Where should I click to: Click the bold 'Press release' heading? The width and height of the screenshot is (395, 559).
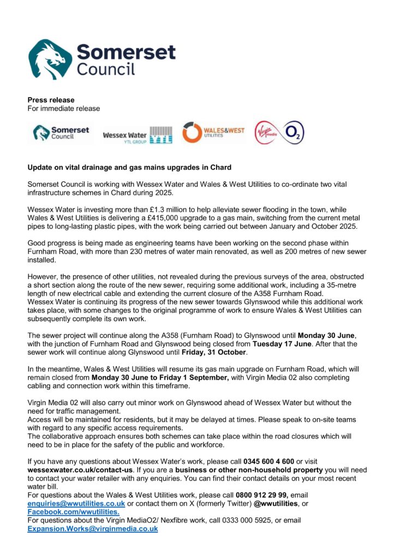pos(51,100)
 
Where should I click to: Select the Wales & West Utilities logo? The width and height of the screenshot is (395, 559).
pos(213,133)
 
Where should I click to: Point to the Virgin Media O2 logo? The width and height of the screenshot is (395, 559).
pos(279,133)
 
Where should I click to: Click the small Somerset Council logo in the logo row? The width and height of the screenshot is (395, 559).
pos(61,133)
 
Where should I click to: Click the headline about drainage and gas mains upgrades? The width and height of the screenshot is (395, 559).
pos(130,167)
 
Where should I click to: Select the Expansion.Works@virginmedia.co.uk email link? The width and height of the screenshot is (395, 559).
pos(93,529)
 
